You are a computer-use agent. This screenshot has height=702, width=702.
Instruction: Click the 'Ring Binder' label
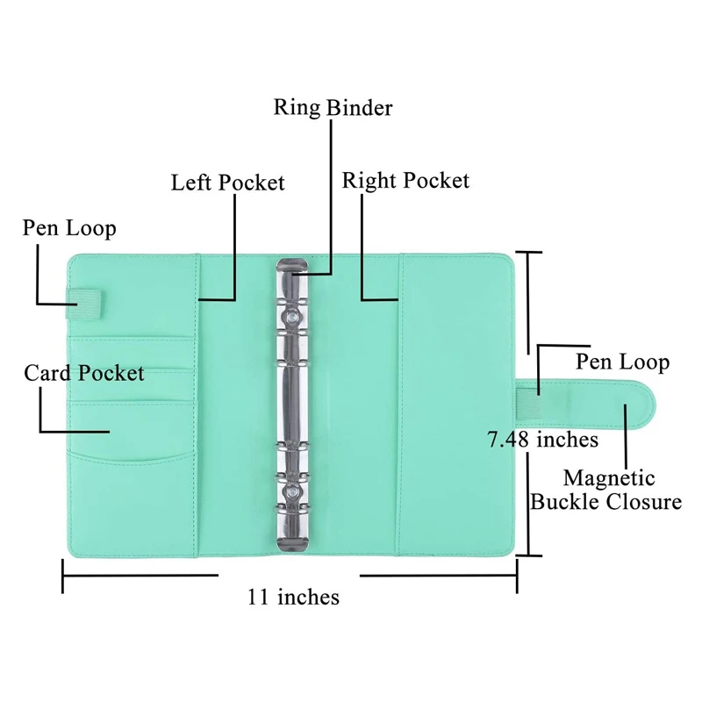point(333,108)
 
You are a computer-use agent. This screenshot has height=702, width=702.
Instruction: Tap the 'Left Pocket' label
point(227,183)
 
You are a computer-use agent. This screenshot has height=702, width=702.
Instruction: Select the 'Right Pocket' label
point(405,181)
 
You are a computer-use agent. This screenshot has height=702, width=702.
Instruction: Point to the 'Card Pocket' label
point(83,373)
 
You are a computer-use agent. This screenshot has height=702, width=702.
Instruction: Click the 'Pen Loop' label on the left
point(68,229)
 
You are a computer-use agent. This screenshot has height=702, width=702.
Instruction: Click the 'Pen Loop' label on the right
point(622,362)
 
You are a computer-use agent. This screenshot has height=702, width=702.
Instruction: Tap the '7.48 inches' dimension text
point(542,439)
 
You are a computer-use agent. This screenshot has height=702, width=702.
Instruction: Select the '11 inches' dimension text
point(293,598)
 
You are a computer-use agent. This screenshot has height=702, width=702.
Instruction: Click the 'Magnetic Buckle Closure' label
point(606,490)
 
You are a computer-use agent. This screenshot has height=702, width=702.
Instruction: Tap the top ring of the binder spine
point(290,268)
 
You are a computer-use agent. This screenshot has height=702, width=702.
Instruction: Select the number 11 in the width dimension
point(259,598)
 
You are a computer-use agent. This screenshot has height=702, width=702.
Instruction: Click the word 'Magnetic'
point(609,478)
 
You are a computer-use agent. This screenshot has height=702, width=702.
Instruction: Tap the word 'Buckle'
point(568,502)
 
